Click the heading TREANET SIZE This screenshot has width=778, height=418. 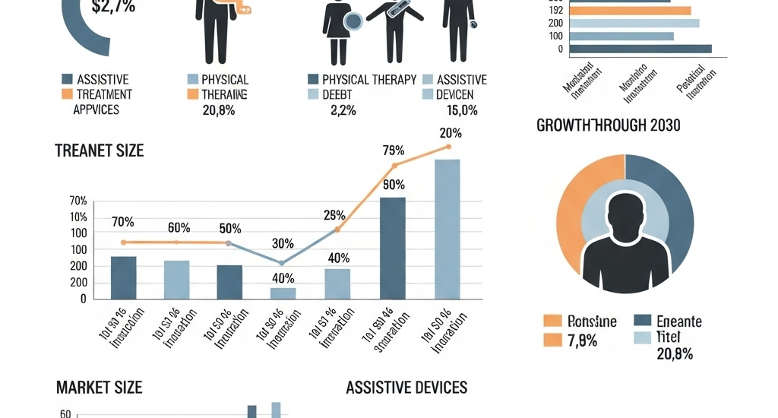[99, 150]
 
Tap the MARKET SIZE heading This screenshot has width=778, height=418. [99, 388]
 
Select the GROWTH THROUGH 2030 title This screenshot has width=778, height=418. [609, 125]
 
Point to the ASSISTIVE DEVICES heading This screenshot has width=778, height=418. [406, 388]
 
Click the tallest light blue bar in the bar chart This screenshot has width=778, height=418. [447, 229]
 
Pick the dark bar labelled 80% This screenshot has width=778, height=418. [393, 248]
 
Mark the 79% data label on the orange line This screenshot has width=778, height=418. [393, 149]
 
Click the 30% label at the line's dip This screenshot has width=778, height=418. [283, 244]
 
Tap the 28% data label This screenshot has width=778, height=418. [334, 214]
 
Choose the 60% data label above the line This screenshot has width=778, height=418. [179, 227]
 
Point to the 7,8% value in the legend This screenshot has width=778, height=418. [583, 340]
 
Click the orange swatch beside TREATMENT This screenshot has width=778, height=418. [67, 95]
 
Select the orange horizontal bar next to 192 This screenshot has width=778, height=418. [630, 11]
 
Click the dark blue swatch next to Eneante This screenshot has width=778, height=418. [642, 321]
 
